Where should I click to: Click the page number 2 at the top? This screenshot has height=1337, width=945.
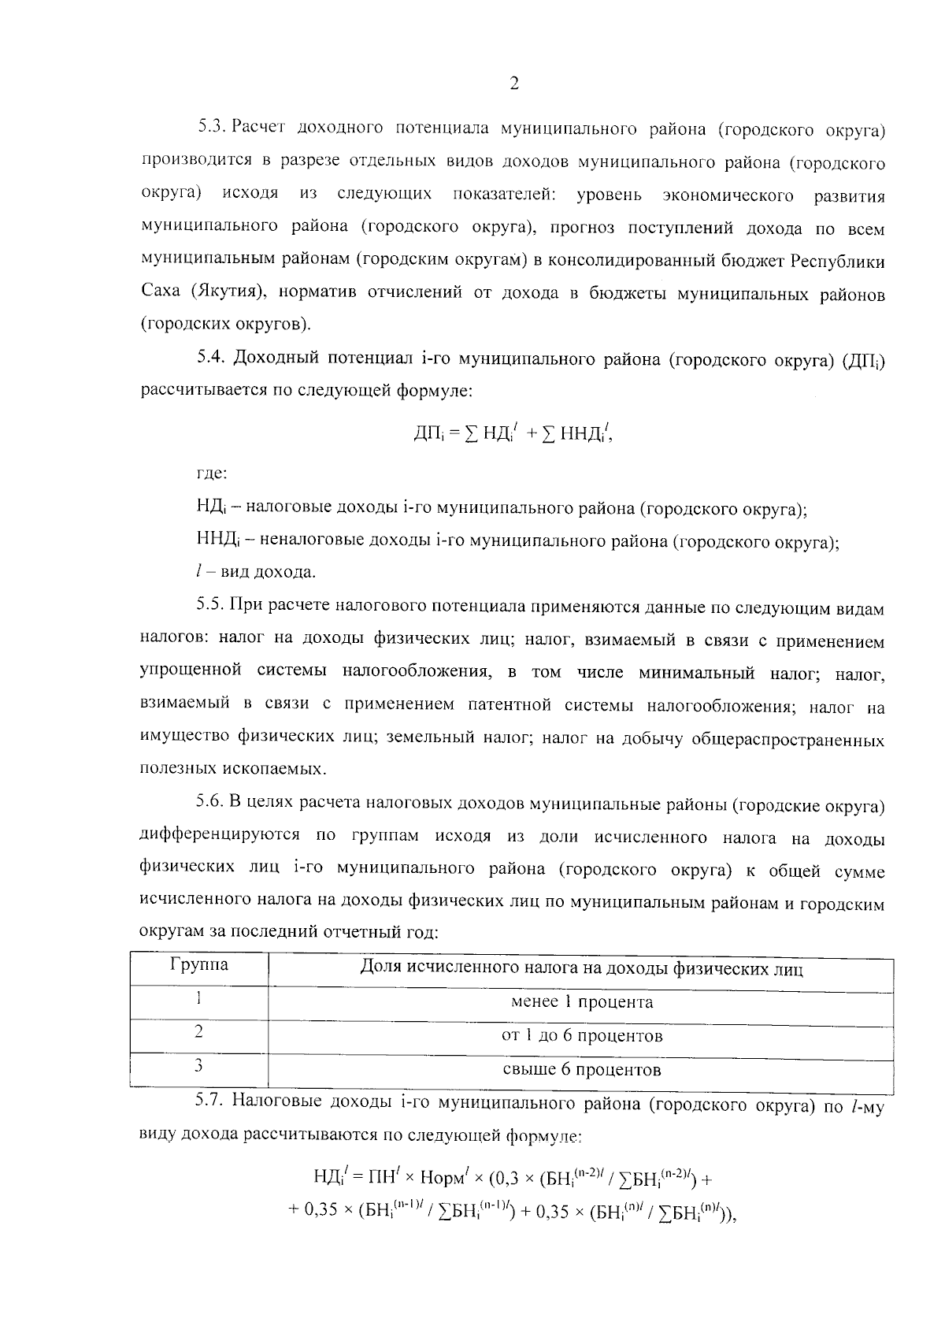coord(513,84)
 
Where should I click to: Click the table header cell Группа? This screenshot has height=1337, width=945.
coord(199,965)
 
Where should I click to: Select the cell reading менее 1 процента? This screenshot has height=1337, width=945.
coord(581,1002)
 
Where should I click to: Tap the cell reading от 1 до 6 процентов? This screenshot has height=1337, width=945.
coord(581,1035)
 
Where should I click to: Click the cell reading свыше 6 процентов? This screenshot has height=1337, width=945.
coord(581,1070)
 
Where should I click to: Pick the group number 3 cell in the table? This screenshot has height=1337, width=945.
coord(199,1066)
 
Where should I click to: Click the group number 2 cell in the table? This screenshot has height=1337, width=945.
coord(199,1031)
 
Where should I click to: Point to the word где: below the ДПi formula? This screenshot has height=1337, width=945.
coord(212,474)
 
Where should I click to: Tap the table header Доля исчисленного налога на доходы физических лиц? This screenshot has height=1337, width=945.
coord(581,968)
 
